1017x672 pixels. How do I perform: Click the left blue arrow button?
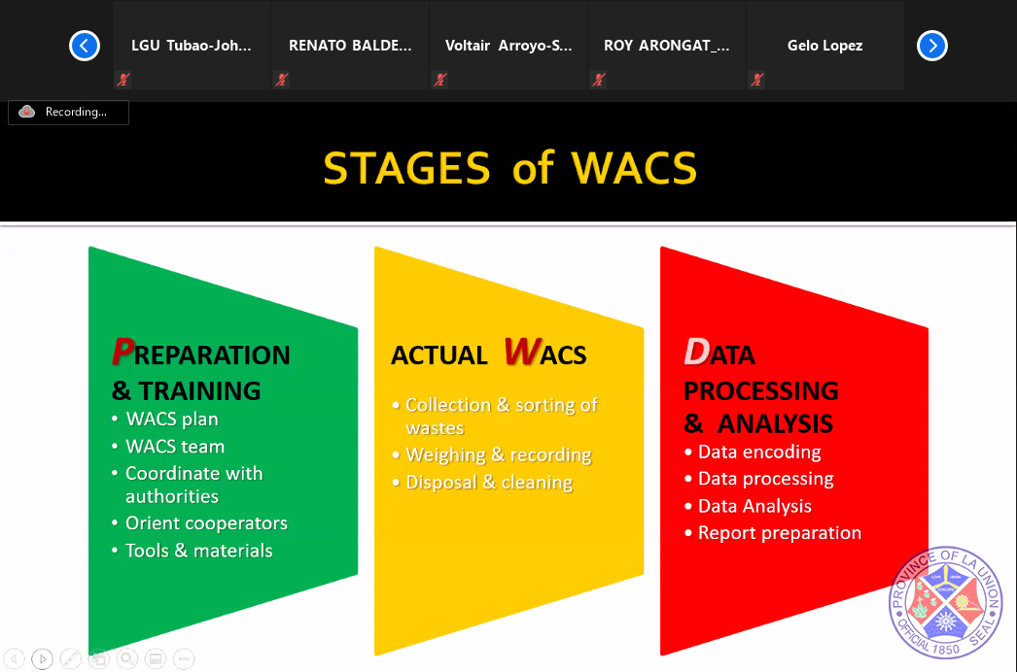point(85,46)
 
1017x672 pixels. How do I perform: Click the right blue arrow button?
point(932,46)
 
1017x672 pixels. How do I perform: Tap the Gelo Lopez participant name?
point(824,46)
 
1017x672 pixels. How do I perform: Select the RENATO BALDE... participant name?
point(350,46)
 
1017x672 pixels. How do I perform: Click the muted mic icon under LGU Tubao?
point(123,80)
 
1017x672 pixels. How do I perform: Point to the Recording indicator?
point(68,112)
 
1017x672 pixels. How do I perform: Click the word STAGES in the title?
point(406,169)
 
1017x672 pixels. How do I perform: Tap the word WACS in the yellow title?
point(634,169)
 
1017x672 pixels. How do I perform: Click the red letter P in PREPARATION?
point(123,352)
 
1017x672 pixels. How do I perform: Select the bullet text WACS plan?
point(172,420)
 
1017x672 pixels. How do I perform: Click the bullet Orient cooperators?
point(206,523)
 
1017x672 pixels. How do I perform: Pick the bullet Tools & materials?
point(198,551)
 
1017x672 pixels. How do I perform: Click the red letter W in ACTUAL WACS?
point(521,352)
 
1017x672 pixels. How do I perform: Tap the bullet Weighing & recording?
point(498,454)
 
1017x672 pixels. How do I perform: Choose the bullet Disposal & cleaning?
point(489,483)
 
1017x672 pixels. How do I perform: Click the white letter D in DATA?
point(696,352)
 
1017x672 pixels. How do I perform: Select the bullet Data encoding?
point(759,452)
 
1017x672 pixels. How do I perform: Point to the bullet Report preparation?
point(780,533)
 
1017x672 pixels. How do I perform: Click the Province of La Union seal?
point(946,603)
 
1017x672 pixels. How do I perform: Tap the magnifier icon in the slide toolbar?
point(127,659)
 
